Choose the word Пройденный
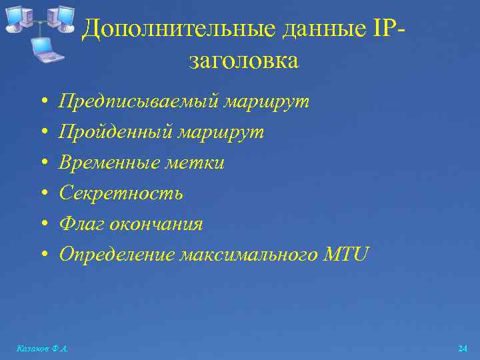pos(115,133)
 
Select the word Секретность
pos(121,193)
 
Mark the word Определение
pos(116,254)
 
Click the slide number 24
pos(463,349)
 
